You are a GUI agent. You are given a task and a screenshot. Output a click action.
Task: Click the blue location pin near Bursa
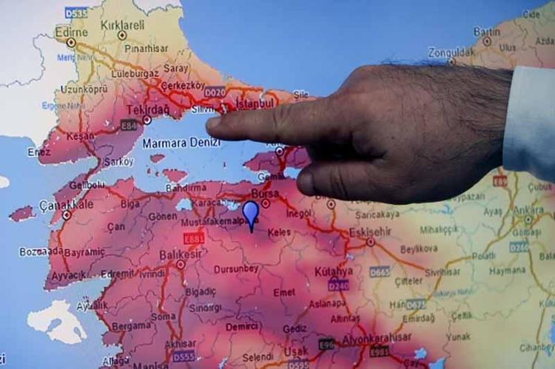click(x=251, y=213)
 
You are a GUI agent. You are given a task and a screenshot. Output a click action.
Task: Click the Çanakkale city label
click(x=67, y=205)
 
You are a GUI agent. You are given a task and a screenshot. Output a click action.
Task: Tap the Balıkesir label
click(x=181, y=254)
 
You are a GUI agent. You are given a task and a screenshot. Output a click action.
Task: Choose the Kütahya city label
click(x=334, y=271)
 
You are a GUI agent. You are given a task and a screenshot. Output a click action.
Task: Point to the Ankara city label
click(x=528, y=209)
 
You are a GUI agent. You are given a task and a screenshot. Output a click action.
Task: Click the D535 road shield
click(x=75, y=12)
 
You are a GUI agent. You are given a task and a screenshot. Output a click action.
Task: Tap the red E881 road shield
click(x=194, y=239)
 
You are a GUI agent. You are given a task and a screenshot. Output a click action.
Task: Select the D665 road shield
click(x=379, y=271)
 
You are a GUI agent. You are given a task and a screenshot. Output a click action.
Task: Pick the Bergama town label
click(x=132, y=325)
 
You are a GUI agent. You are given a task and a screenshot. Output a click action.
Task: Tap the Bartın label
click(x=487, y=31)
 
